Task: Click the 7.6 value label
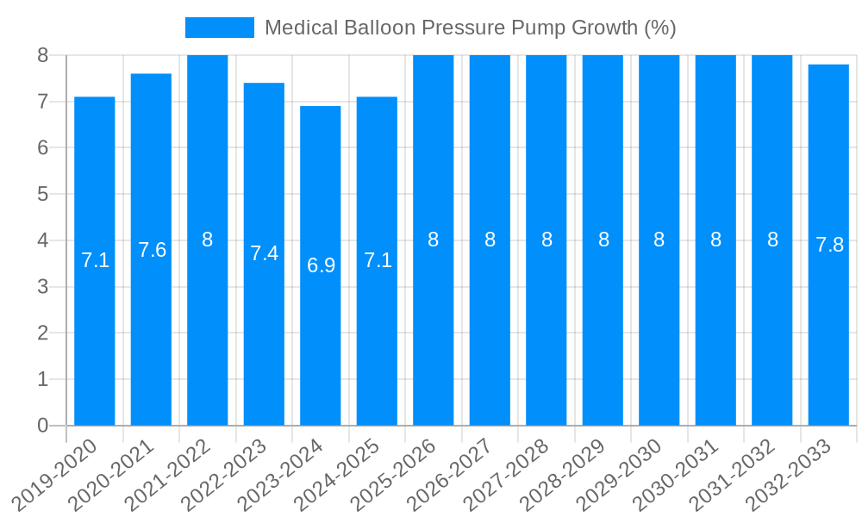click(152, 250)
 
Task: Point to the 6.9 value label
click(321, 265)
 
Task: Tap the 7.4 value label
click(264, 253)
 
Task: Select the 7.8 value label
click(829, 245)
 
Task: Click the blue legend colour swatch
click(220, 28)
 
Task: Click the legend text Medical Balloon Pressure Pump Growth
click(470, 28)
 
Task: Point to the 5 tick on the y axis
click(42, 194)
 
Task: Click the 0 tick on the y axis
click(42, 426)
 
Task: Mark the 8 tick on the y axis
click(42, 55)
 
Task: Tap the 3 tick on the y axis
click(42, 287)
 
